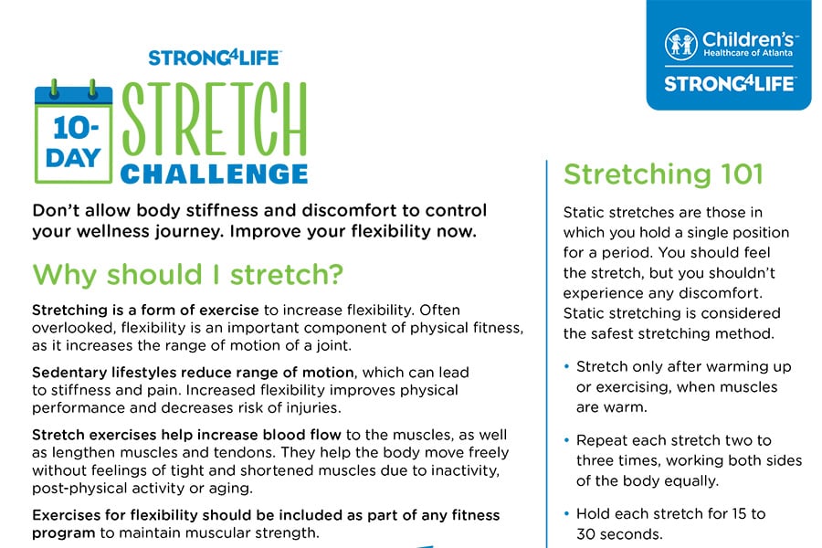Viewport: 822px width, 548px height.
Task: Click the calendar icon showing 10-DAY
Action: pyautogui.click(x=73, y=132)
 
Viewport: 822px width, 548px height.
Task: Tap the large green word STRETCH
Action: pyautogui.click(x=214, y=120)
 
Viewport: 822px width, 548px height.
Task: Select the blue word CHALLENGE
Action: pyautogui.click(x=214, y=174)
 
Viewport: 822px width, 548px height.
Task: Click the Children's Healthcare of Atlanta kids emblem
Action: pyautogui.click(x=681, y=44)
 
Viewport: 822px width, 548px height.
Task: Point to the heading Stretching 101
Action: pyautogui.click(x=663, y=174)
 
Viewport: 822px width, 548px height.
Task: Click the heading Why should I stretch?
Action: pyautogui.click(x=187, y=274)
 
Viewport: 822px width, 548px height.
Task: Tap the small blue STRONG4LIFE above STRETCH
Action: pyautogui.click(x=215, y=58)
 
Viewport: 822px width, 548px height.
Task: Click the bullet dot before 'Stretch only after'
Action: pyautogui.click(x=566, y=366)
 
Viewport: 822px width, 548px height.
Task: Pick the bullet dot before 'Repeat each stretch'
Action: pyautogui.click(x=566, y=440)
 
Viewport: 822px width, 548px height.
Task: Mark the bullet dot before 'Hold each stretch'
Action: pyautogui.click(x=566, y=514)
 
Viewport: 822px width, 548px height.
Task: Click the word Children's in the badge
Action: pyautogui.click(x=749, y=39)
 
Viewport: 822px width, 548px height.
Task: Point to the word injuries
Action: pyautogui.click(x=312, y=408)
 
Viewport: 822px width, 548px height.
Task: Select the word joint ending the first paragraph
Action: pyautogui.click(x=334, y=346)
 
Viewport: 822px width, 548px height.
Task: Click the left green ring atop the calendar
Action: pyautogui.click(x=54, y=89)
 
